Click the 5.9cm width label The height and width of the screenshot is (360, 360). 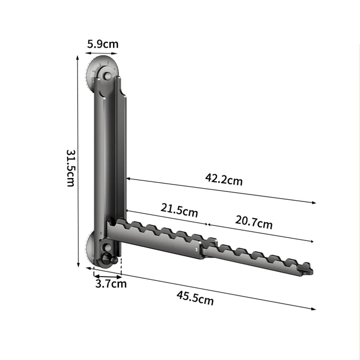(103, 44)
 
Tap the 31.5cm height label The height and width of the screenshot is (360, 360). (71, 168)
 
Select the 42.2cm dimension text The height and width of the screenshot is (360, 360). (224, 179)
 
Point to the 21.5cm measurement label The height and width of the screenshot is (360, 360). (179, 210)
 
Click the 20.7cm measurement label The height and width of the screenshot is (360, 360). (254, 222)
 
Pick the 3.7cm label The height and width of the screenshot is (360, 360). (111, 284)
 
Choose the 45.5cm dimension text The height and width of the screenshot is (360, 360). (195, 298)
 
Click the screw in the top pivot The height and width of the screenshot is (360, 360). (107, 76)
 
